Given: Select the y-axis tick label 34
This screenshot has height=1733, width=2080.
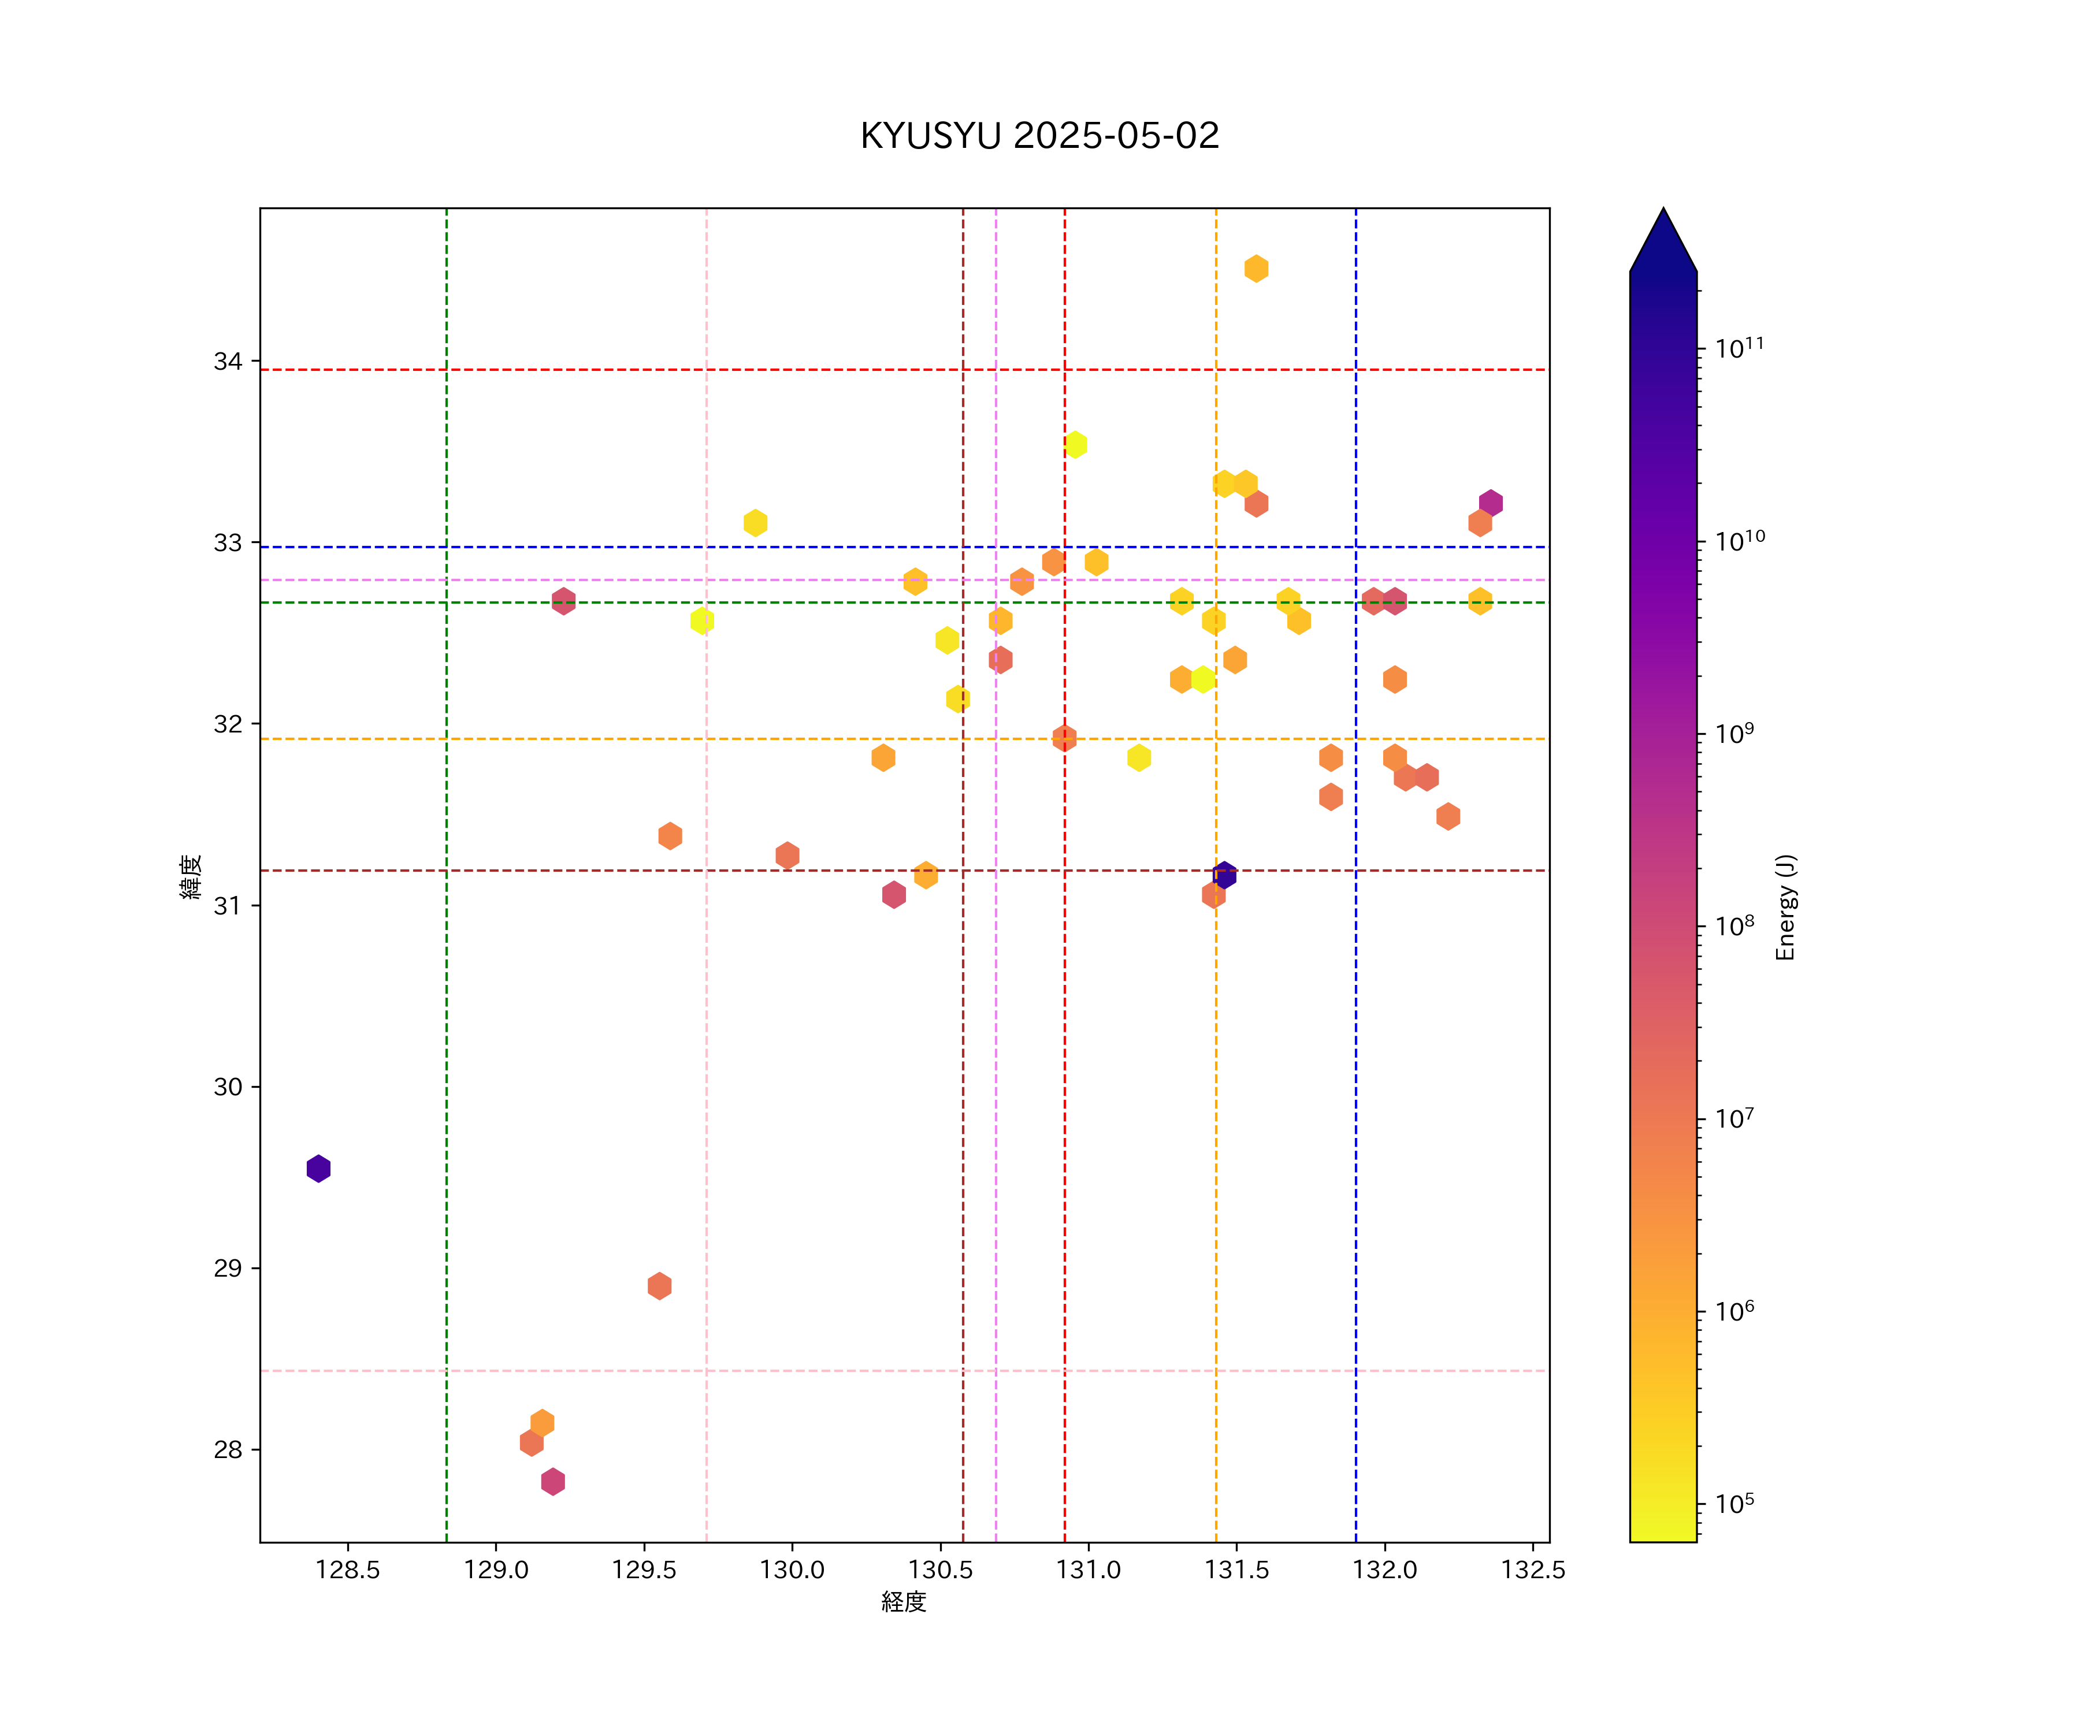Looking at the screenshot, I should coord(228,362).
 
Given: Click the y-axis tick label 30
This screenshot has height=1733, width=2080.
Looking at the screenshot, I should coord(228,1087).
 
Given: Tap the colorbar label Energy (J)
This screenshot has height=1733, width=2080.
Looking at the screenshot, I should coord(1785,907).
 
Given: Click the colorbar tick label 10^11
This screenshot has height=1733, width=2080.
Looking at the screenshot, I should coord(1739,348).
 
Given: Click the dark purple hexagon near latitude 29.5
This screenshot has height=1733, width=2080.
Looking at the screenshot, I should coord(318,1169).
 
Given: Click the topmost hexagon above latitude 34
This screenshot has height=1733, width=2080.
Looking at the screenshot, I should coord(1256,269).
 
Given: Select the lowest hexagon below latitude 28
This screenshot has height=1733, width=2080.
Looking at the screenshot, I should coord(553,1482).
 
